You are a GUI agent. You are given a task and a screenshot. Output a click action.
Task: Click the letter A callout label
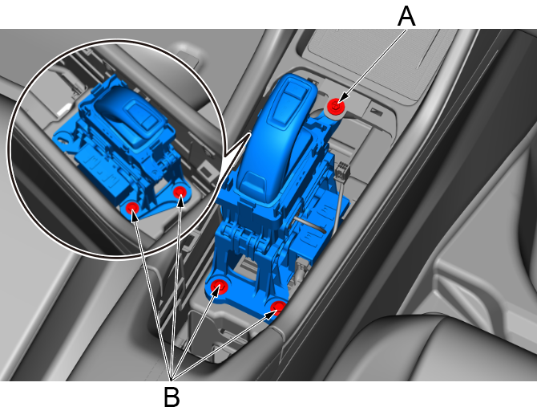tap(406, 17)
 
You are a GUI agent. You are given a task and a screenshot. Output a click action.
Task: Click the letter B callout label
tap(172, 397)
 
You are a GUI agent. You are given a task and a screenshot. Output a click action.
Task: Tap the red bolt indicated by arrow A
tap(336, 105)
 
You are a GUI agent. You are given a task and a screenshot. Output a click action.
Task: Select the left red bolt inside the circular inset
tap(132, 208)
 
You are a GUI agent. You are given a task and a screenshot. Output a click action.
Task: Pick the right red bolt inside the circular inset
tap(180, 192)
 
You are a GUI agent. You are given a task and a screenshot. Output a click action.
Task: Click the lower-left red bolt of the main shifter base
tap(219, 286)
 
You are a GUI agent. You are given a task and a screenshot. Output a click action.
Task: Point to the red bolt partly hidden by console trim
tap(278, 307)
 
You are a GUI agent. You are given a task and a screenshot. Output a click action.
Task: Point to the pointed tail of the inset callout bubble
tap(249, 133)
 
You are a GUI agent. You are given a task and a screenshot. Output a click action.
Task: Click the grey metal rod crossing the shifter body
tap(309, 225)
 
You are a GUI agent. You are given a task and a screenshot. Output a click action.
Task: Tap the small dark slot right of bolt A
tap(377, 112)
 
